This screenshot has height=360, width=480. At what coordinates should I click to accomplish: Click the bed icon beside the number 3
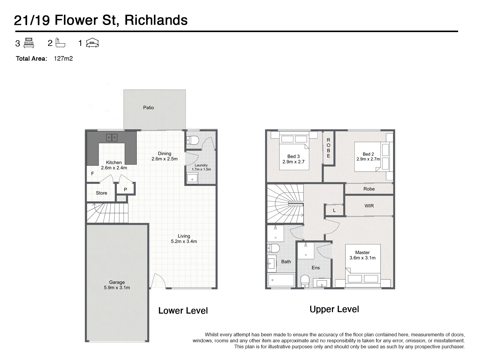(28, 43)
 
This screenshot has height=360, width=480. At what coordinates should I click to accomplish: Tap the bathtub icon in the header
(60, 43)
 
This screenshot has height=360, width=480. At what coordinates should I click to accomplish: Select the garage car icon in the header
(92, 43)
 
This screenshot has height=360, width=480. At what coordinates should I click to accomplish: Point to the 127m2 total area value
(63, 58)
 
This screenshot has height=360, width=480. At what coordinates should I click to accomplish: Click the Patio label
(148, 107)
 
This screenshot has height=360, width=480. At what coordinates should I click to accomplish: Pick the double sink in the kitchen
(112, 137)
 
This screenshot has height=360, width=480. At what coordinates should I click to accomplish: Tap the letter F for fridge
(92, 174)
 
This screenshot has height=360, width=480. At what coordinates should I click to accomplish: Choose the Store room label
(101, 193)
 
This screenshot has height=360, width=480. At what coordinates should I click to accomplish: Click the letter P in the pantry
(125, 190)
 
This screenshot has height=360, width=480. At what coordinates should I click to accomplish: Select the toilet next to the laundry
(192, 140)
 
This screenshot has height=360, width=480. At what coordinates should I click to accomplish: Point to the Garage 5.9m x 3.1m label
(117, 285)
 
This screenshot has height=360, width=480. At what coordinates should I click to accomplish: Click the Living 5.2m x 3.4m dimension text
(184, 241)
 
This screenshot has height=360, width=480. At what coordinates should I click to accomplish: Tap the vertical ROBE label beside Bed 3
(328, 148)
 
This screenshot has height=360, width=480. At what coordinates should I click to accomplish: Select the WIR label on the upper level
(369, 206)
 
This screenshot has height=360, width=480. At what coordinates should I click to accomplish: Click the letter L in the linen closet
(334, 211)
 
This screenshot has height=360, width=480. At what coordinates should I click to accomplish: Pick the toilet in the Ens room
(305, 281)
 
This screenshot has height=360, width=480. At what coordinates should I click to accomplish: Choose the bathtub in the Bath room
(281, 280)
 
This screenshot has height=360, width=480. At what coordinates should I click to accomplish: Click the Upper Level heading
(334, 309)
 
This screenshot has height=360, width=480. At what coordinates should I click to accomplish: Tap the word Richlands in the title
(156, 20)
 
